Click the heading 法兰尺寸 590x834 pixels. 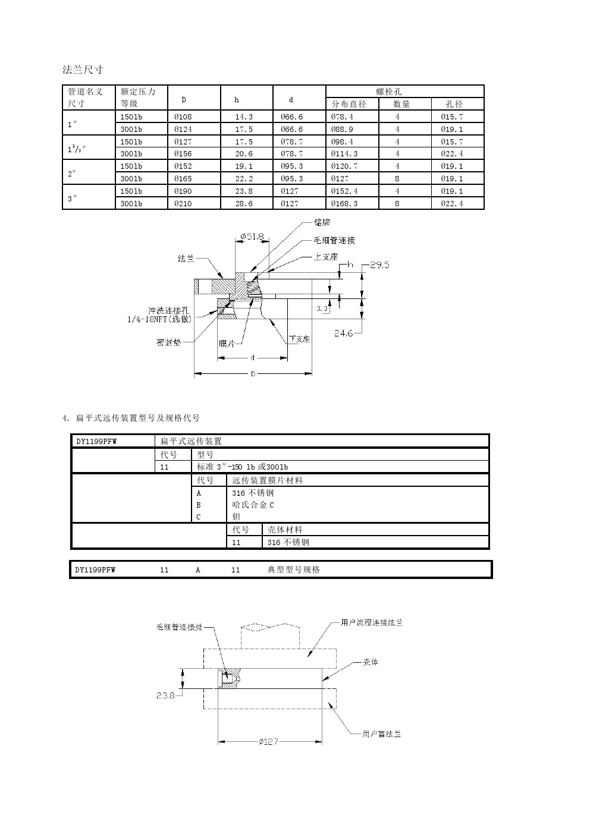[x=83, y=70]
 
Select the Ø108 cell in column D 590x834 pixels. [x=183, y=117]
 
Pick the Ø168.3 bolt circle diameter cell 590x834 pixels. [x=344, y=203]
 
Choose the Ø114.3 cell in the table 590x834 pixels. [x=344, y=154]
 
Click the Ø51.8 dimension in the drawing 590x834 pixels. [x=252, y=237]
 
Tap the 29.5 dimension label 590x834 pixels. [x=379, y=265]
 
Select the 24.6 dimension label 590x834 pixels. [x=343, y=333]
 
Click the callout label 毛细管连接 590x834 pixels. [x=334, y=241]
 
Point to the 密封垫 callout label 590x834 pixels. [x=168, y=343]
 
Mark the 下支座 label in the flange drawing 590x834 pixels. [x=299, y=339]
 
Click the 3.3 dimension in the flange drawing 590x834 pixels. [x=322, y=309]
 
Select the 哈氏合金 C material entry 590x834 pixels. [x=253, y=505]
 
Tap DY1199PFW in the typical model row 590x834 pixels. [x=95, y=569]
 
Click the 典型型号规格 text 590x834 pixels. [x=294, y=569]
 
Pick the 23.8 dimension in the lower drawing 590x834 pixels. [x=166, y=695]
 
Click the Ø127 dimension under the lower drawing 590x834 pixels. [x=269, y=742]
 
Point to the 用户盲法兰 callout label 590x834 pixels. [x=381, y=734]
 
